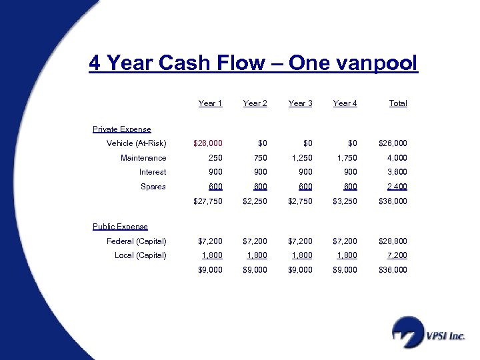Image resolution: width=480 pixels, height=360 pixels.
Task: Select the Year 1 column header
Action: [x=210, y=103]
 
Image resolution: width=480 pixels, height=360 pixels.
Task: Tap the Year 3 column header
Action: [x=300, y=103]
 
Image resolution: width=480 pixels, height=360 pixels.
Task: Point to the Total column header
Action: [x=398, y=103]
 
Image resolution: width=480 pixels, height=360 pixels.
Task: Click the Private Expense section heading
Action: [x=121, y=129]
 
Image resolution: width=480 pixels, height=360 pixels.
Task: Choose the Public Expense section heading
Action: [x=120, y=227]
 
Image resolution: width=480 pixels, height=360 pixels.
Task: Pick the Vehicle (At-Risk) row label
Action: [x=136, y=143]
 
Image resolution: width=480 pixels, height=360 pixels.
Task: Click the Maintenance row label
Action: [x=143, y=158]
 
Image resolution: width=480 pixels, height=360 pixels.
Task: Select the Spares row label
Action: [x=153, y=187]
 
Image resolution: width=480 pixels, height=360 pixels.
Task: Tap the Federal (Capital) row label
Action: [x=136, y=241]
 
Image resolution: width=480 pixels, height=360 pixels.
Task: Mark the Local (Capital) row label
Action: [x=140, y=255]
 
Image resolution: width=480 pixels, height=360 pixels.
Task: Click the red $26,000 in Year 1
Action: [x=207, y=143]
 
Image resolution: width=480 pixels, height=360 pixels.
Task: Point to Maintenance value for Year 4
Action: [x=345, y=158]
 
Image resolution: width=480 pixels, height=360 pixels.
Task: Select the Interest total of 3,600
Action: [x=394, y=172]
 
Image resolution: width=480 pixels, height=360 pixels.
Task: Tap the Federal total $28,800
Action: [x=393, y=241]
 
